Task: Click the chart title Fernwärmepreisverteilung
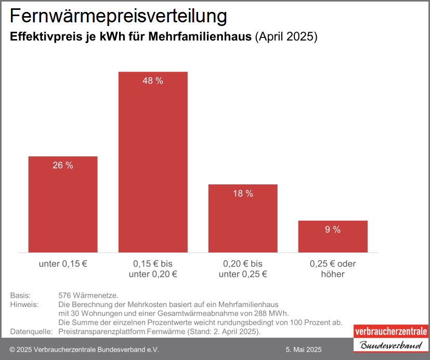[119, 16]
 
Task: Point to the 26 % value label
[63, 166]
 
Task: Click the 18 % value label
[243, 194]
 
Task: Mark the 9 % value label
[333, 230]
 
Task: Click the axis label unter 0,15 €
[63, 264]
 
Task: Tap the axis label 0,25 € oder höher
[333, 269]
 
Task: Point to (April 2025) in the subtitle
[286, 37]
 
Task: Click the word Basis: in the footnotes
[20, 296]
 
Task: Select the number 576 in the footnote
[66, 296]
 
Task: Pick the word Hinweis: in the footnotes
[24, 304]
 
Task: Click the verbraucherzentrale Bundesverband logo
[390, 338]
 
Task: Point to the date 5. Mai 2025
[304, 350]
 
